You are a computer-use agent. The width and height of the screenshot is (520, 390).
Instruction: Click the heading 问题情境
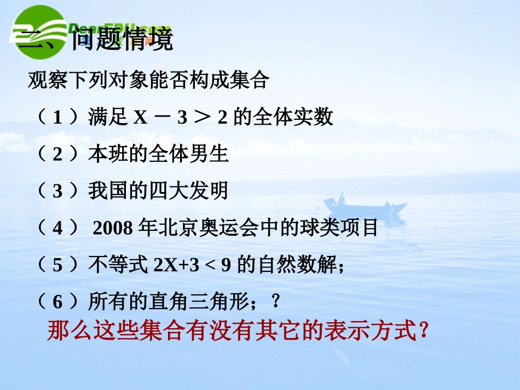(x=122, y=39)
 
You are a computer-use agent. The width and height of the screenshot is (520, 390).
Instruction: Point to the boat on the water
(x=365, y=206)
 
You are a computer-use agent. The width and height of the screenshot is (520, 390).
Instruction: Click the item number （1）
(x=57, y=118)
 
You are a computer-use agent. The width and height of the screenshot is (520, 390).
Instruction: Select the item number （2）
(x=57, y=154)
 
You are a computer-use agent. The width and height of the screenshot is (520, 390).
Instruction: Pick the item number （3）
(x=57, y=191)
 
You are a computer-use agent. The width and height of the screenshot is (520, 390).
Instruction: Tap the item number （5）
(x=57, y=265)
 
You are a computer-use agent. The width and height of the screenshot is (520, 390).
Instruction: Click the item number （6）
(x=57, y=302)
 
